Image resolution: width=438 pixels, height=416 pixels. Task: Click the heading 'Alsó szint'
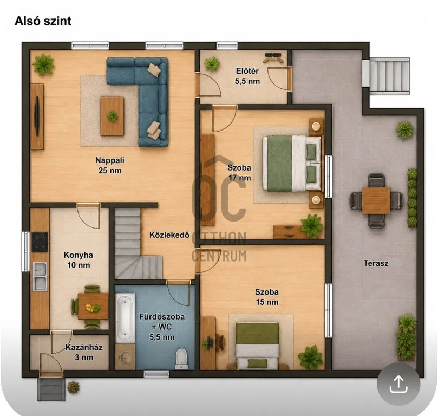[43, 21]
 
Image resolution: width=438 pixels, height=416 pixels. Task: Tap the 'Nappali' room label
[110, 160]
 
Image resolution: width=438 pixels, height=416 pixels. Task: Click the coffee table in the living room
[112, 116]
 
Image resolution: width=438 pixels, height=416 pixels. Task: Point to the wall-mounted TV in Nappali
[36, 116]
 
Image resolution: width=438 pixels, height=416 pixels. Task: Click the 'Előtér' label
[247, 71]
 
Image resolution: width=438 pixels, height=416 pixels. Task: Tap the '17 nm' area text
[239, 178]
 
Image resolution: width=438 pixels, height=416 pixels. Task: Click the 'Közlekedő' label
[169, 235]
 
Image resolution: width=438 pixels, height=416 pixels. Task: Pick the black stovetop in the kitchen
[40, 242]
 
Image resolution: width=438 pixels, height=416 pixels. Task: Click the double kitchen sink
[40, 277]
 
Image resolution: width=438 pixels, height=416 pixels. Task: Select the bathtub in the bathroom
[125, 317]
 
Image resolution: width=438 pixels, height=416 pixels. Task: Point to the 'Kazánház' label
[84, 347]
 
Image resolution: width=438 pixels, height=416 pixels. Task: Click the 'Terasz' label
[376, 263]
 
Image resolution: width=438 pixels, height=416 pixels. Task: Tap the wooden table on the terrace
[376, 200]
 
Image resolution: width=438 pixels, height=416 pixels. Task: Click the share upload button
[398, 384]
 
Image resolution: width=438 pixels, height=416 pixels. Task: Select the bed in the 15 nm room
[257, 346]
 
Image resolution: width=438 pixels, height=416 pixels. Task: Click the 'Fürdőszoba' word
[162, 317]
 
